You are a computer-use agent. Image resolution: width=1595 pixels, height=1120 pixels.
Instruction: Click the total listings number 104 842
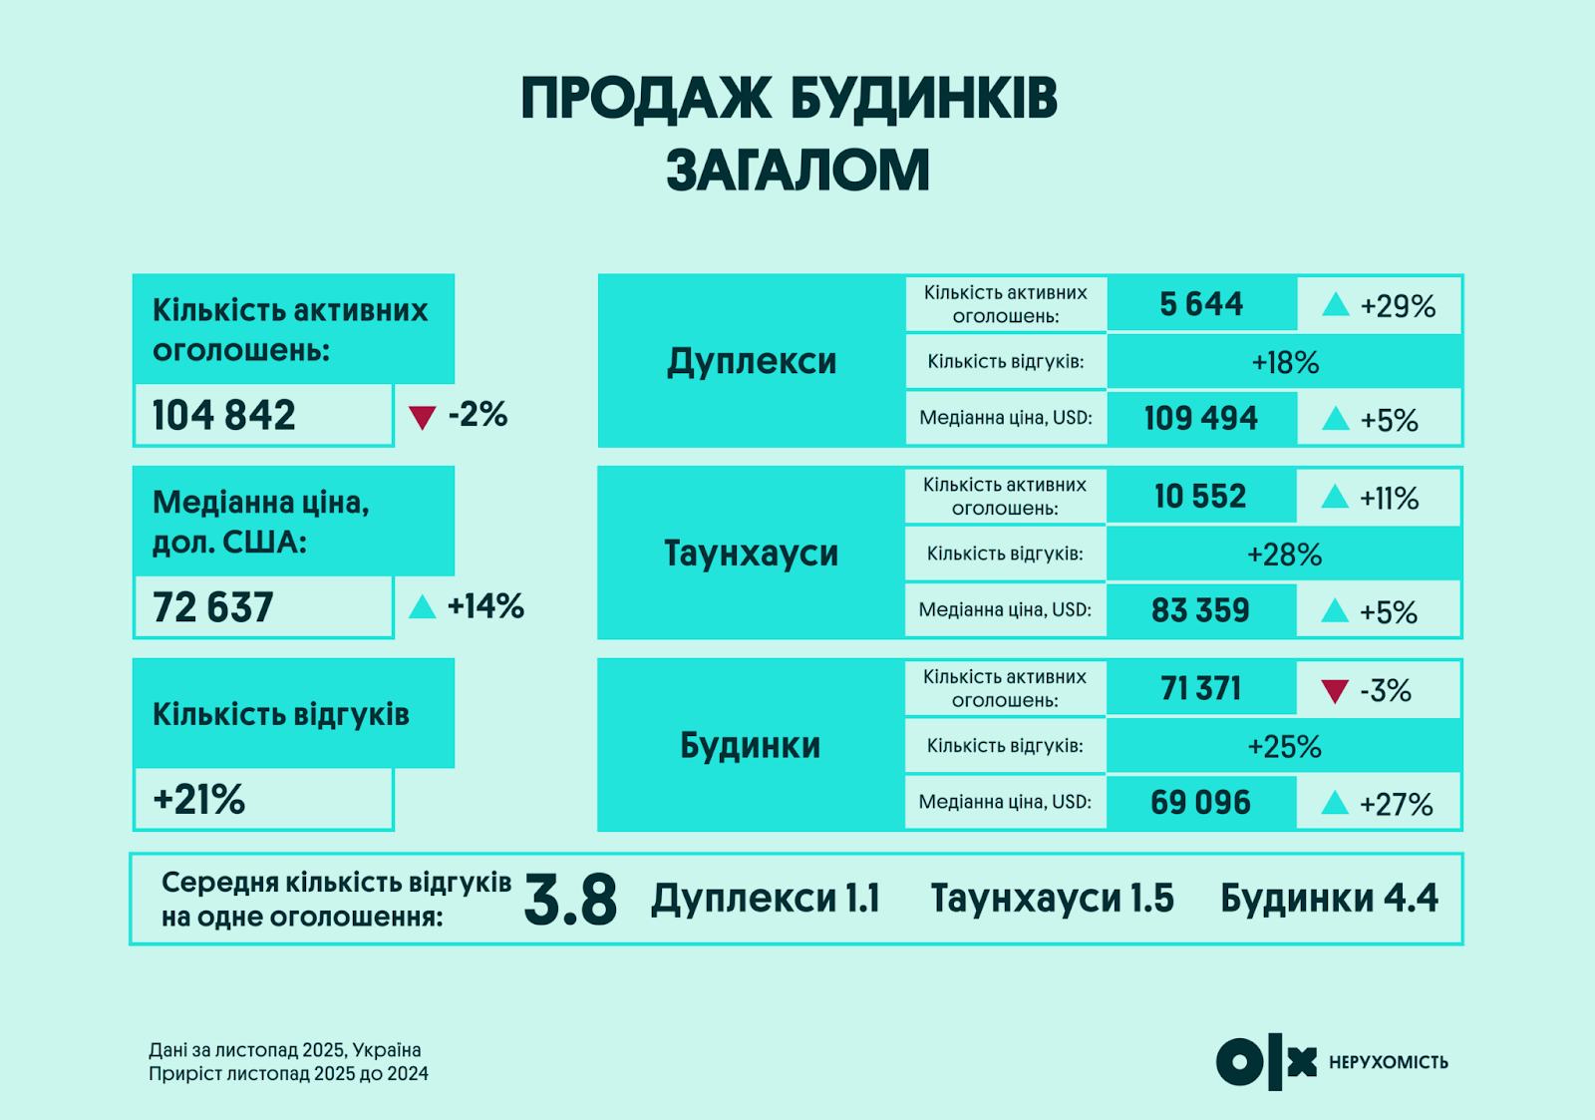224,415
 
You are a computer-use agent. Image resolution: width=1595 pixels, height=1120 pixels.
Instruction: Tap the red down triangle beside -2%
423,417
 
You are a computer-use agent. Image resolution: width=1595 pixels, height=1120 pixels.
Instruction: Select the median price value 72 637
213,607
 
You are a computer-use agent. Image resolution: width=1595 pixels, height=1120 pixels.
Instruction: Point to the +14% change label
485,606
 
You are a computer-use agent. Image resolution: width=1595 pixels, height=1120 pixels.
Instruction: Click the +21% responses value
199,800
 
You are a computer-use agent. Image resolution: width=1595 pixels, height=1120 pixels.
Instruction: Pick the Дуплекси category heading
752,361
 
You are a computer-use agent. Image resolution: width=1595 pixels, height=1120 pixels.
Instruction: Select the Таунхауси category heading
752,554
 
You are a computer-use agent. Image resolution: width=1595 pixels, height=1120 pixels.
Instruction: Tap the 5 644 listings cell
1201,304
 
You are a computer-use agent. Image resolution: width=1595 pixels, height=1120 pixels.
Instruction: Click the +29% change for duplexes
1398,306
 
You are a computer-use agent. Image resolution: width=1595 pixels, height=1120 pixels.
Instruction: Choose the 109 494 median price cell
1201,418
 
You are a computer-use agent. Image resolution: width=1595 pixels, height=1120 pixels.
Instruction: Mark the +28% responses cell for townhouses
1284,555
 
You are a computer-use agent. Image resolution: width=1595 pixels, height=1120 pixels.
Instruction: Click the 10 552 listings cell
1200,497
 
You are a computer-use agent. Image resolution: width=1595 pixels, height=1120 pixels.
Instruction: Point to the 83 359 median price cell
1200,610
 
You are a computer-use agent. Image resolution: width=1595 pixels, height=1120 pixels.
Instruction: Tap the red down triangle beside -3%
1335,691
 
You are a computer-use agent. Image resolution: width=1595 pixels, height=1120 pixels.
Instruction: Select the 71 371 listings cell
1201,689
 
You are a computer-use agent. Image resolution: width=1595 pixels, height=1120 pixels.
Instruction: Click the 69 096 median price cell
1200,803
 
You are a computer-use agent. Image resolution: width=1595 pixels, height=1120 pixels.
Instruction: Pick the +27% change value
1396,805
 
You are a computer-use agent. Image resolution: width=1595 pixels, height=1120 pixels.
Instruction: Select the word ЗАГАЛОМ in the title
797,171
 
